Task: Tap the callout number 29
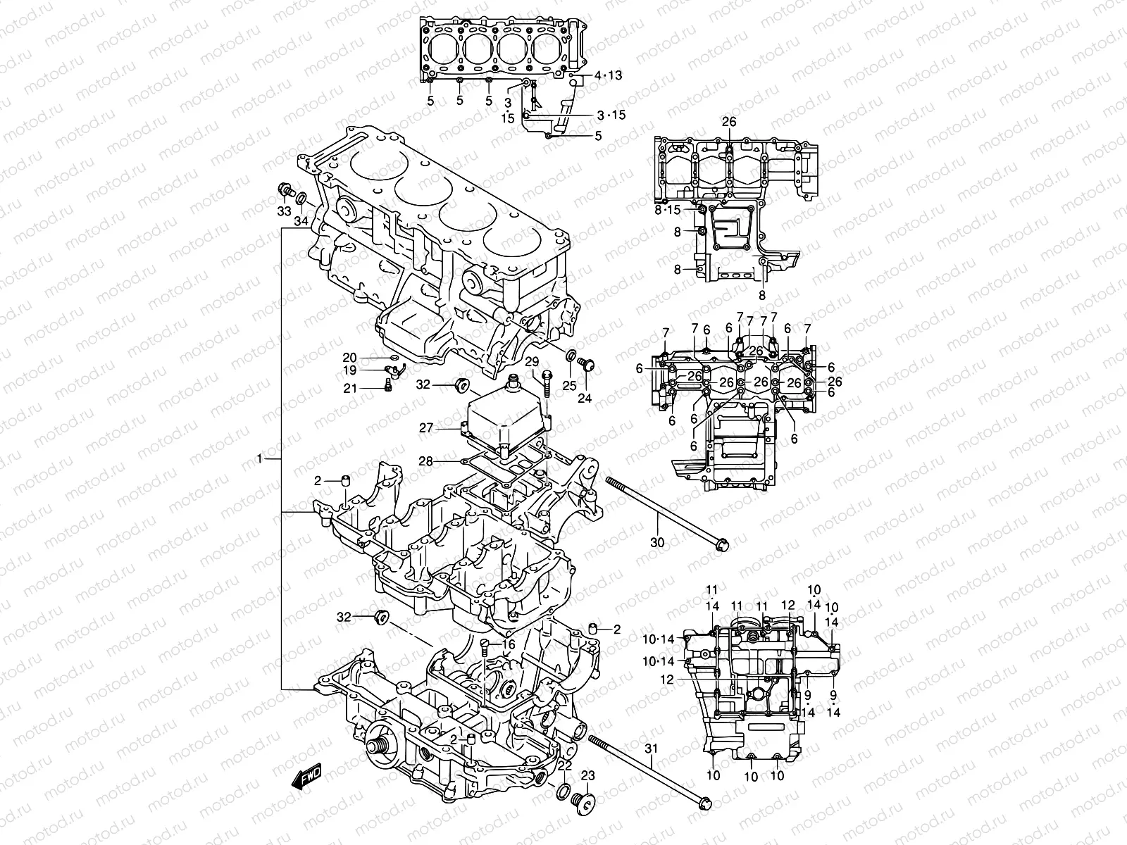(x=533, y=362)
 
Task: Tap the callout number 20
(x=370, y=357)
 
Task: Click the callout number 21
(x=370, y=388)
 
